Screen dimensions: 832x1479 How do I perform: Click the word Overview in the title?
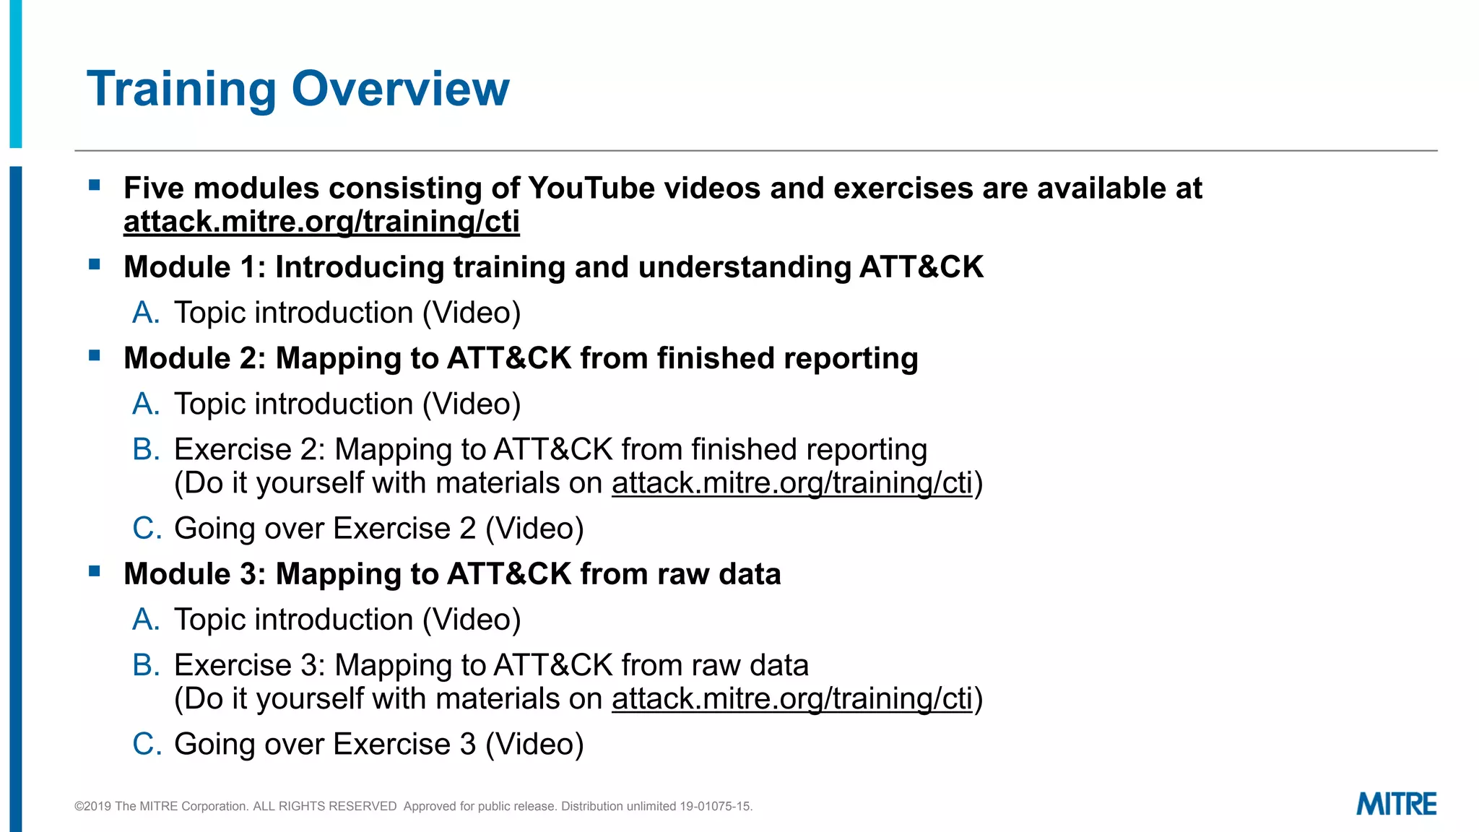click(x=400, y=89)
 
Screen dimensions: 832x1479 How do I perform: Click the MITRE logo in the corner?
click(x=1396, y=804)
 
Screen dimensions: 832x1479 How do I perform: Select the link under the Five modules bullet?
click(x=321, y=222)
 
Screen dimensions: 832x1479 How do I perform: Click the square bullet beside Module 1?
click(x=95, y=264)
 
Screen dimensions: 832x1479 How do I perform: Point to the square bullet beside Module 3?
click(x=95, y=571)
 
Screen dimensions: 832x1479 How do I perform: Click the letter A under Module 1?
click(x=145, y=313)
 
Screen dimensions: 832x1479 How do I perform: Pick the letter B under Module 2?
click(x=145, y=449)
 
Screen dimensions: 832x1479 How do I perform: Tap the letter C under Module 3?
click(x=146, y=744)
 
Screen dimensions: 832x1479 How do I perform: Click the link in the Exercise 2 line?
click(x=792, y=483)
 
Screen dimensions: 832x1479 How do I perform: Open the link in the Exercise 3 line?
click(x=792, y=699)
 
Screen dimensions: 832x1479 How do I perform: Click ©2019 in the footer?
click(x=93, y=806)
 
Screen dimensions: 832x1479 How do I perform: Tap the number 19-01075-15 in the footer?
click(x=715, y=806)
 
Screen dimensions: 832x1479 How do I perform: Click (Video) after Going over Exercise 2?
click(x=534, y=529)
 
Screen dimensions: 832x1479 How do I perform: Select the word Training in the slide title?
click(x=181, y=89)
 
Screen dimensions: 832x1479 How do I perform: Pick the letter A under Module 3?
click(x=145, y=620)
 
